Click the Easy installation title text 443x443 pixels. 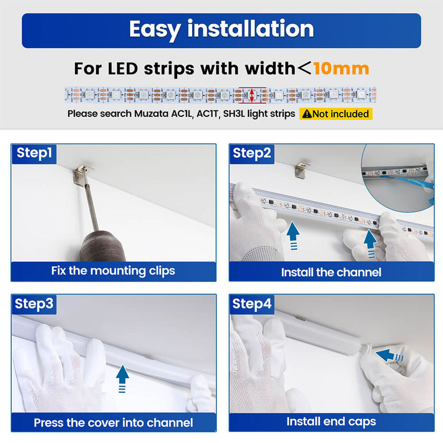point(221,29)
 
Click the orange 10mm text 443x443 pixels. point(341,69)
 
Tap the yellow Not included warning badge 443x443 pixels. point(336,114)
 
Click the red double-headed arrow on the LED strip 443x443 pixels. point(252,95)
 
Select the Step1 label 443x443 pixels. point(34,153)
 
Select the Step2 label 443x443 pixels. point(252,153)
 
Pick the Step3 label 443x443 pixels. point(34,304)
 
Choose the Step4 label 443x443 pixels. point(252,304)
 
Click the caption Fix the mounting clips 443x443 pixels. point(113,271)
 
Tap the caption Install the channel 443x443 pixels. point(331,272)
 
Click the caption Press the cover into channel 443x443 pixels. point(114,423)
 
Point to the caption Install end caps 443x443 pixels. point(331,421)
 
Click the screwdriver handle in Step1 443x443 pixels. point(103,245)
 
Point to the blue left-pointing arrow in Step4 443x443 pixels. point(389,356)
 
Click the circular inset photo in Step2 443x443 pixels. point(398,178)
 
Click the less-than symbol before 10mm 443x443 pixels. point(304,68)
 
